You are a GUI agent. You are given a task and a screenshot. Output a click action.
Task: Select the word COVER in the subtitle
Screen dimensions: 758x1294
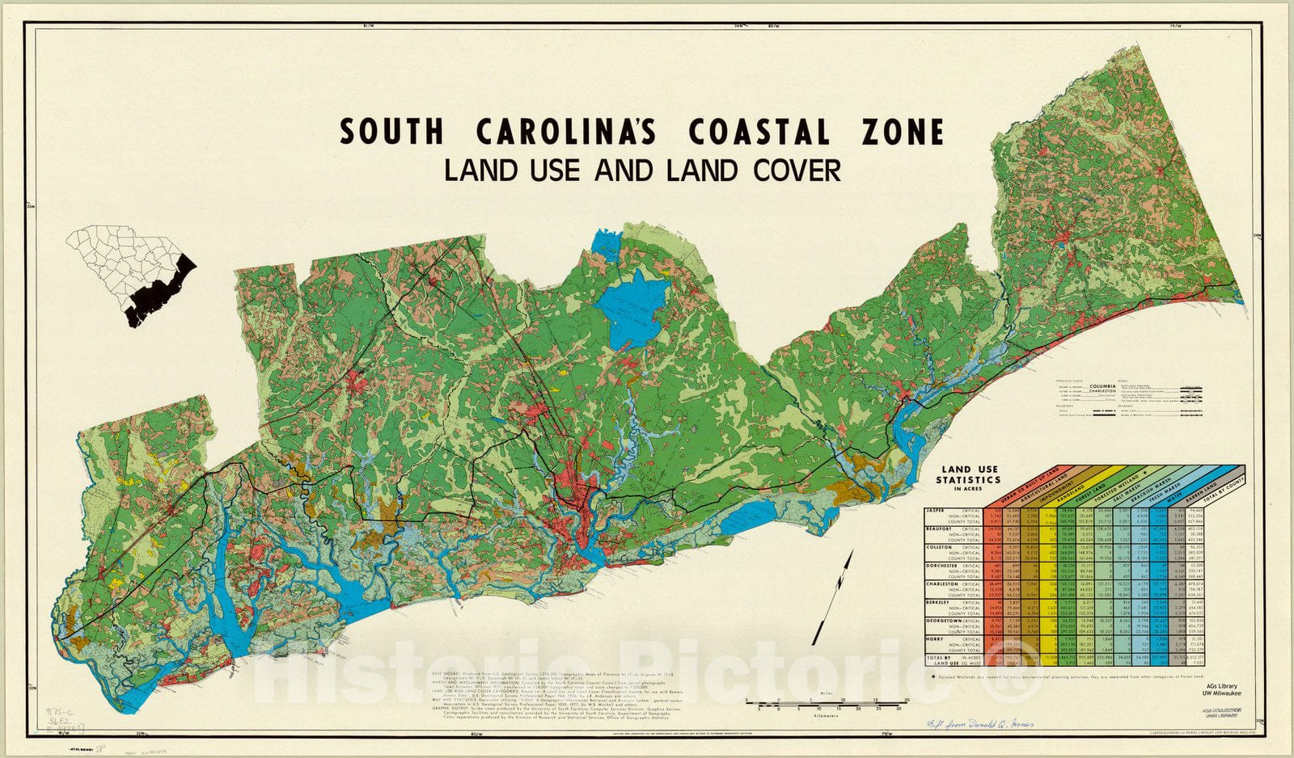click(788, 171)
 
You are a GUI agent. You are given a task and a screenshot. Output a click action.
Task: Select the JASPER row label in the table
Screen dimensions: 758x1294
click(939, 511)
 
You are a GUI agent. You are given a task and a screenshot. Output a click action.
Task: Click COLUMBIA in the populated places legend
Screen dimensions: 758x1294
click(1109, 386)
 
